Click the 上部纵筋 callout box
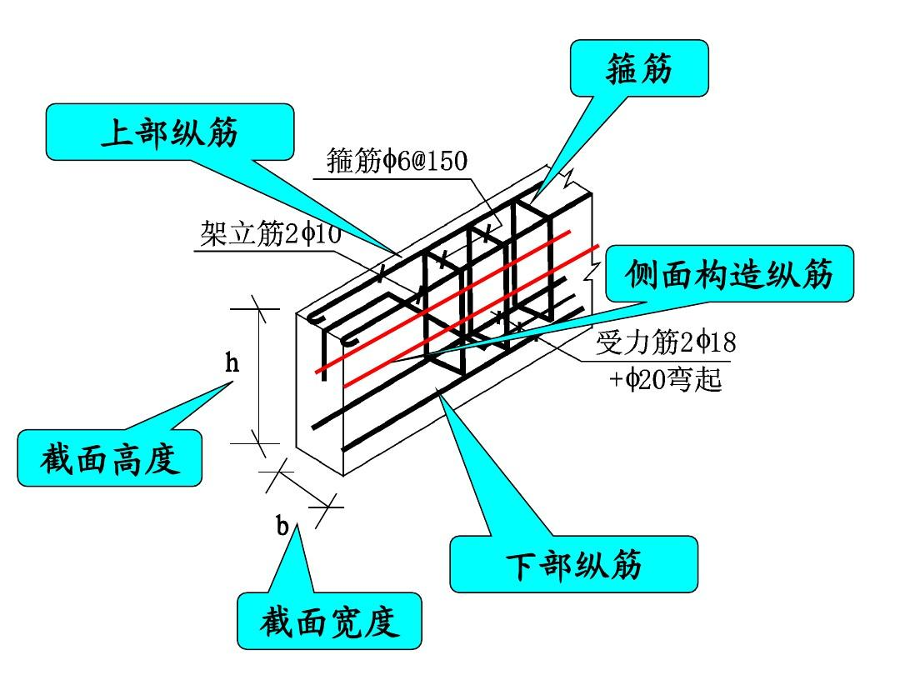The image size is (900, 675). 170,132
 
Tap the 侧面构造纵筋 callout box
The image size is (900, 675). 728,272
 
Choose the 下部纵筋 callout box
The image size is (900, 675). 573,564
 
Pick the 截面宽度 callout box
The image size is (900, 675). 329,621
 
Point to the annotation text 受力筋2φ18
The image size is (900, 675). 665,342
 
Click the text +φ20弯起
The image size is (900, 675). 664,381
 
